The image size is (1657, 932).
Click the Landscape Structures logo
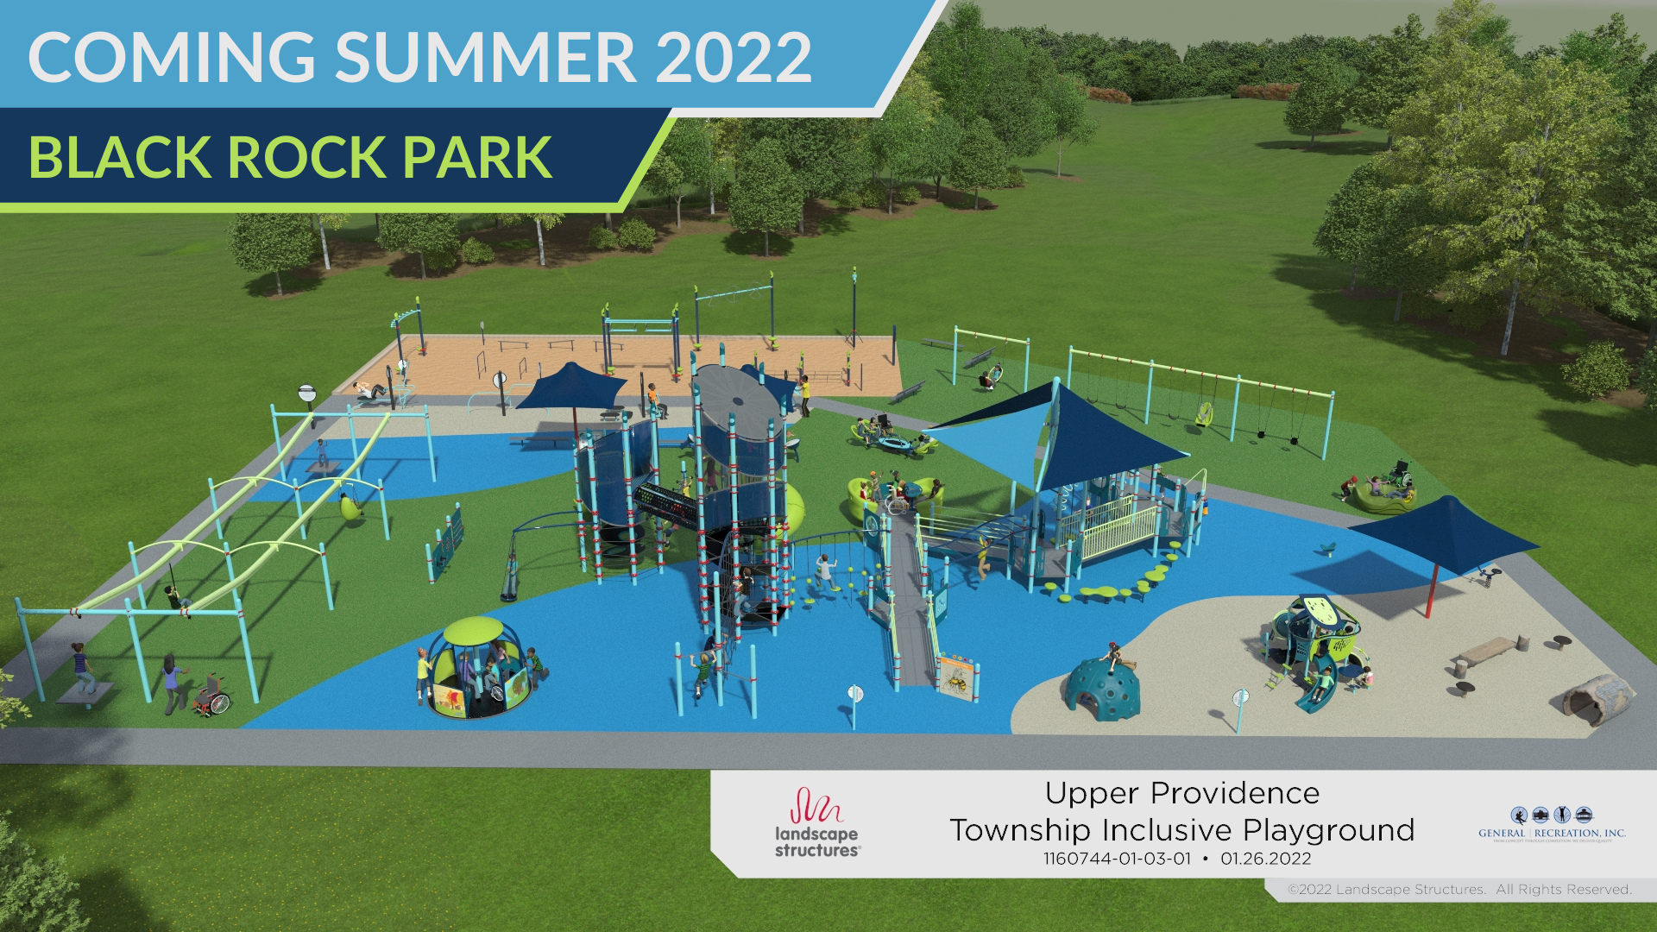(x=816, y=823)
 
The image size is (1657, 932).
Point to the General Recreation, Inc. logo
(x=1552, y=825)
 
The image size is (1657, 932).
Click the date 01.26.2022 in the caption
(x=1265, y=859)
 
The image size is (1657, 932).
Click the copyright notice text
(x=1459, y=890)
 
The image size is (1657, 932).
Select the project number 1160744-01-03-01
(x=1117, y=859)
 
